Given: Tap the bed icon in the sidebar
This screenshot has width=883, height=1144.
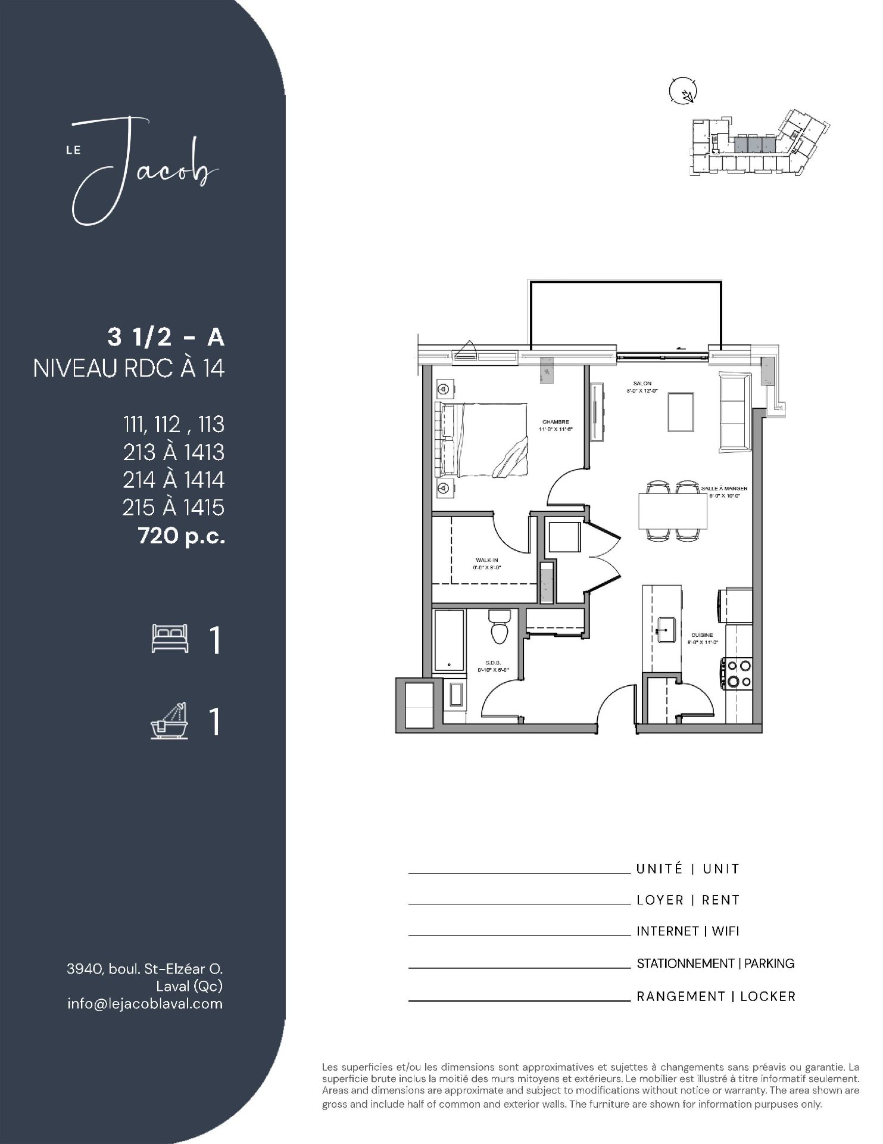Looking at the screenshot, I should click(170, 638).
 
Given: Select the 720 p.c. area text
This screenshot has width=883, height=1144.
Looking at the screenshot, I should click(182, 536).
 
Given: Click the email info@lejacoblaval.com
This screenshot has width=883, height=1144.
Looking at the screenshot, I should click(145, 1003).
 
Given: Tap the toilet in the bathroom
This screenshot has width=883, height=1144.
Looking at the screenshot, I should click(499, 627).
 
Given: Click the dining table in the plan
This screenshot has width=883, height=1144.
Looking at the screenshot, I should click(672, 511).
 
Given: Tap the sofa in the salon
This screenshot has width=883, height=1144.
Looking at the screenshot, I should click(735, 412).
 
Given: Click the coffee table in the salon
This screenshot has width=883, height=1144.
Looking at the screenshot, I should click(680, 412).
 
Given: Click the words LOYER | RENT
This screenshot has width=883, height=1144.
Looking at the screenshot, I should click(688, 900).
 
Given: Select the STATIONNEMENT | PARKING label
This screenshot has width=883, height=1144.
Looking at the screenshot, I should click(715, 963).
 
